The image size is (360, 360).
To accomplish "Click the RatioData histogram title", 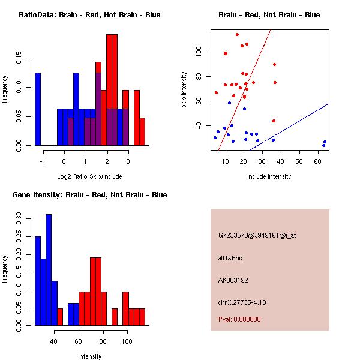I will click(x=89, y=15).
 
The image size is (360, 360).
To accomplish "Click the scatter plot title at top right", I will click(x=269, y=15).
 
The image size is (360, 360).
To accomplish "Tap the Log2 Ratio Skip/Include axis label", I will click(x=89, y=176).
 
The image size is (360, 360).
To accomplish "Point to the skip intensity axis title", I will click(x=184, y=89).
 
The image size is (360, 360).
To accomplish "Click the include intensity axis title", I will click(x=269, y=176).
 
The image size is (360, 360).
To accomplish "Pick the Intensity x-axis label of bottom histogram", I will click(x=89, y=356).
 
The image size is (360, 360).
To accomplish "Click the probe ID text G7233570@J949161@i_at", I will click(x=257, y=235).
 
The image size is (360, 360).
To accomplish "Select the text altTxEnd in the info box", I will click(x=230, y=258).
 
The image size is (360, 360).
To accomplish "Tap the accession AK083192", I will click(x=234, y=280).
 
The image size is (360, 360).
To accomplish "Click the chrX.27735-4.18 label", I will click(x=242, y=302).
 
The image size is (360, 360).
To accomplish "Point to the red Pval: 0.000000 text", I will click(x=239, y=320).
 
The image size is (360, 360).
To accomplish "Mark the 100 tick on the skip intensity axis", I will click(x=198, y=52).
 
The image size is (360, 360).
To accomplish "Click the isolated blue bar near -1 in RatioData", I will click(x=38, y=109).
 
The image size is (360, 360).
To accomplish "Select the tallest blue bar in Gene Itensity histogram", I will click(x=49, y=270).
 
